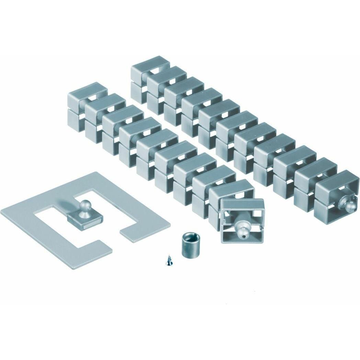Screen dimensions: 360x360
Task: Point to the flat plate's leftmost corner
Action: (x=1, y=210)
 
